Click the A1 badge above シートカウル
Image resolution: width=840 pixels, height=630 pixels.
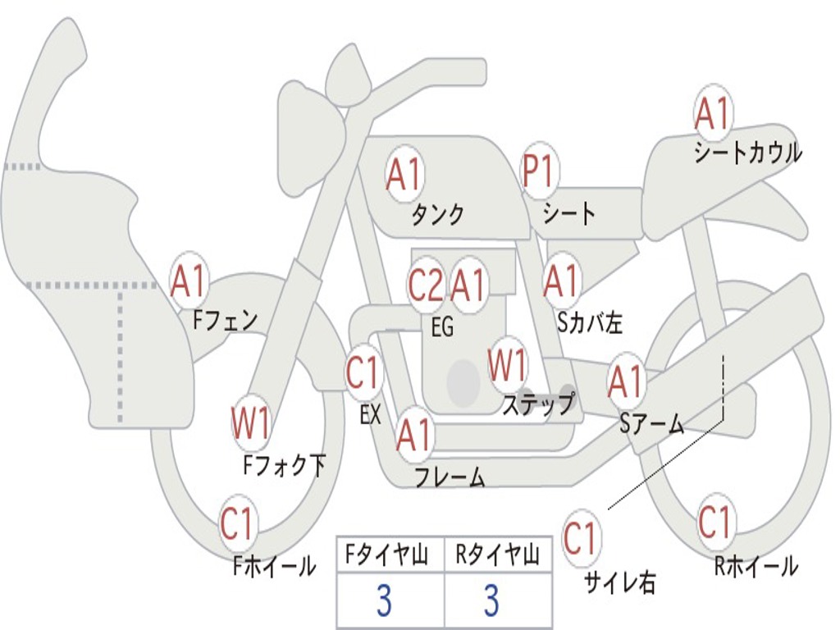pyautogui.click(x=713, y=112)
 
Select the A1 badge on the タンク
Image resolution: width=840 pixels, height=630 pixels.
pyautogui.click(x=404, y=174)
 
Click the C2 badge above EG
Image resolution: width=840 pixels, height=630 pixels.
pyautogui.click(x=426, y=284)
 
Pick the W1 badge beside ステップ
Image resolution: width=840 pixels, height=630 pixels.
pyautogui.click(x=507, y=365)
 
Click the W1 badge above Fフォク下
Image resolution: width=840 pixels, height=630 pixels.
pyautogui.click(x=251, y=423)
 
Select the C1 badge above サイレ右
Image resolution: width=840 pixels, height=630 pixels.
pyautogui.click(x=582, y=537)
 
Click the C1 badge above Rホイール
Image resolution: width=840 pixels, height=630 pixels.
pyautogui.click(x=715, y=521)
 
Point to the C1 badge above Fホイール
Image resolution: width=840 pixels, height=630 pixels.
pyautogui.click(x=237, y=523)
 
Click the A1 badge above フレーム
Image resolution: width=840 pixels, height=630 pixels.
pyautogui.click(x=414, y=434)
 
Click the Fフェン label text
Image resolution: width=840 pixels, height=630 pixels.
pyautogui.click(x=225, y=321)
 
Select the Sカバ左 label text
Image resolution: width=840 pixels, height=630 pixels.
pyautogui.click(x=590, y=322)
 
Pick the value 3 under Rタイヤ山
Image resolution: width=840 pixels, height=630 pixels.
pyautogui.click(x=492, y=600)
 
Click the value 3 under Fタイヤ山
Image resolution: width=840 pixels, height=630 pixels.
pyautogui.click(x=384, y=600)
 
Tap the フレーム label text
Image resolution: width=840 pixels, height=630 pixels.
pyautogui.click(x=450, y=477)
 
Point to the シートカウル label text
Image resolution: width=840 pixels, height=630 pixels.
pyautogui.click(x=748, y=153)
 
